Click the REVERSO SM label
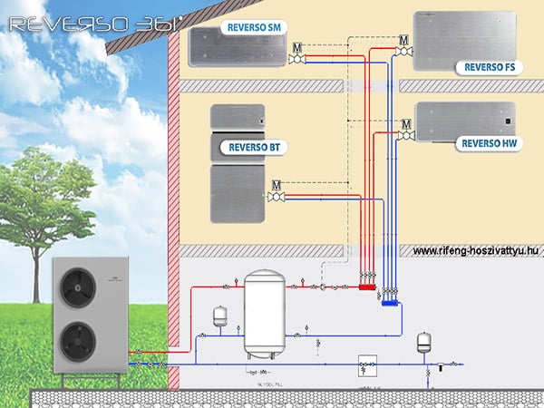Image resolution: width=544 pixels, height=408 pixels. point(255,28)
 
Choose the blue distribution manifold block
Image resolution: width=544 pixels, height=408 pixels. point(391,305)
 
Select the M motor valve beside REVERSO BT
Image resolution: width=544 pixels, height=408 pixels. point(277,185)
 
